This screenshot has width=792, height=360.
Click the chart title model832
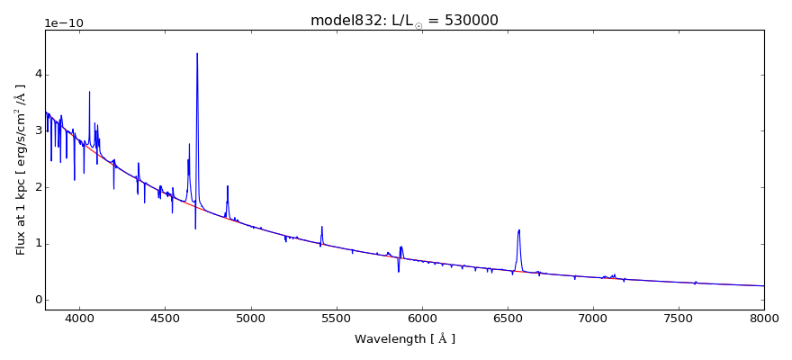404,20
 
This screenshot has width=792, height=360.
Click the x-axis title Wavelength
404,339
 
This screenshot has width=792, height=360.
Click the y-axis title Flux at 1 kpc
21,169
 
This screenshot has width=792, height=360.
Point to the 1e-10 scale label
65,22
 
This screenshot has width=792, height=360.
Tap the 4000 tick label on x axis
79,319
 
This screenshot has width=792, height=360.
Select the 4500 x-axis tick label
165,319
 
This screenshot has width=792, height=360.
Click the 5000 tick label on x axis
250,319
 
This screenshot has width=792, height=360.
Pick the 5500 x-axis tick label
336,319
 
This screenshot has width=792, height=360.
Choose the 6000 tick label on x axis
421,319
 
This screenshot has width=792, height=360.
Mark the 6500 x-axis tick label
508,319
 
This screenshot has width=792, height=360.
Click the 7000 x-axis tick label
593,319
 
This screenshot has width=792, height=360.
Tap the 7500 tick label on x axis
679,319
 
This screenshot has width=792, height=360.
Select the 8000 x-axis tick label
764,319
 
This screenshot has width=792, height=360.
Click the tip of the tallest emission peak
197,53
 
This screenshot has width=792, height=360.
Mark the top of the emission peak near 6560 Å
518,230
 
